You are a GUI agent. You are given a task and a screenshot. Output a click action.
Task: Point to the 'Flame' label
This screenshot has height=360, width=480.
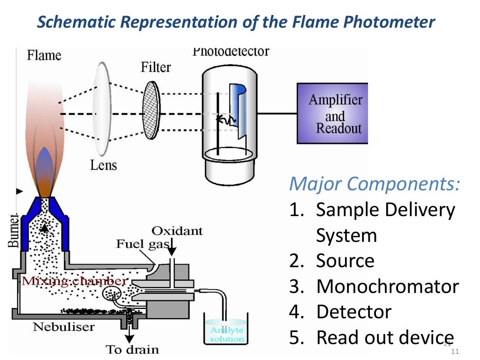(44, 56)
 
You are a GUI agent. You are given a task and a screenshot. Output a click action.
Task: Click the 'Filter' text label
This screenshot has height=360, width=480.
(156, 67)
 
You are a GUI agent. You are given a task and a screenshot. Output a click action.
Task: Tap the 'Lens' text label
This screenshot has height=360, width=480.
(103, 165)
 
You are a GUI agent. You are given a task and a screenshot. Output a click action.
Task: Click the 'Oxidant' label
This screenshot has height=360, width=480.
(177, 231)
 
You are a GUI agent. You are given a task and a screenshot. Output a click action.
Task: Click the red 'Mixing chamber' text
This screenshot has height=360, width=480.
(74, 281)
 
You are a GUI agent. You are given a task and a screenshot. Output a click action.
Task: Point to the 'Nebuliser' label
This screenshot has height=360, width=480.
(64, 327)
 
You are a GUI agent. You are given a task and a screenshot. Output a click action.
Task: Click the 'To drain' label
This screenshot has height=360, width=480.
(132, 349)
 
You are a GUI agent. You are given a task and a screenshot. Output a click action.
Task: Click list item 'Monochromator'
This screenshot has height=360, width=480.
(387, 286)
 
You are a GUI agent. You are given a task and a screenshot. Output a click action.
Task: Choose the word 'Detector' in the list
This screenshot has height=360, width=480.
(353, 312)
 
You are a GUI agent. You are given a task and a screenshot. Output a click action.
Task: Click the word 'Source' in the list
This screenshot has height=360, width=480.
(345, 261)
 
